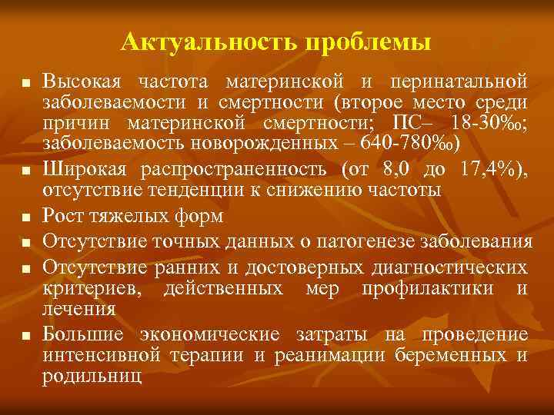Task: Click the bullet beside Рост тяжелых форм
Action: tap(25, 217)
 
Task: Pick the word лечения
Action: tap(79, 309)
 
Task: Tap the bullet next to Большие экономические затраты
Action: tap(25, 335)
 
